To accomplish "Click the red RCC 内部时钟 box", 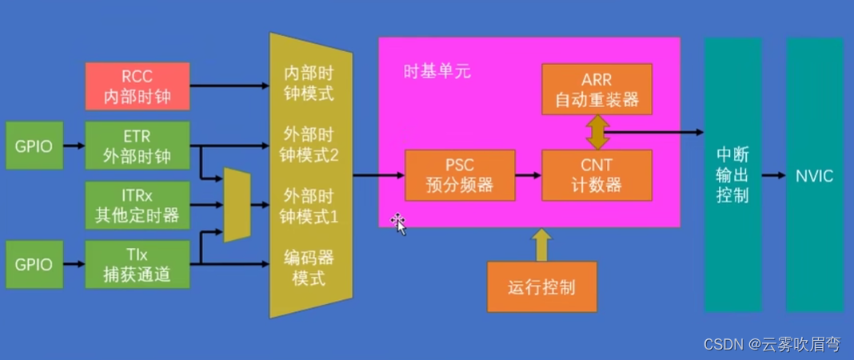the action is pos(138,86).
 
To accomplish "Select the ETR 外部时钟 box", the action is pos(138,146).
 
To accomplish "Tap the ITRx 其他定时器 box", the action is pos(138,205).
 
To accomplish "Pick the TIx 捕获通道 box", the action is pos(138,264).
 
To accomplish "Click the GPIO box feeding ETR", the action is pos(34,146).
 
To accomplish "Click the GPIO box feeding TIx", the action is pos(34,264).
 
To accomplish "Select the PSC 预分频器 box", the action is pos(461,175).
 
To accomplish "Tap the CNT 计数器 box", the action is pos(597,175).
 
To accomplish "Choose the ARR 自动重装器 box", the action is pos(597,89).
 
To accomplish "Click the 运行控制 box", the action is pos(542,287).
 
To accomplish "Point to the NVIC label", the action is pos(815,175).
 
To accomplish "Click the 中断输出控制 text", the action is pos(732,175).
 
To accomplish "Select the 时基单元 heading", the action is pos(437,72).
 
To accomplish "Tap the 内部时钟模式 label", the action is pos(309,83).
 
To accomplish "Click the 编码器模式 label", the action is pos(309,268).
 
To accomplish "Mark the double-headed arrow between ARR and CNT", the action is pos(597,132).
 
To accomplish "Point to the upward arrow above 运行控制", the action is pos(541,245).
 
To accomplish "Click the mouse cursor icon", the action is pos(399,223).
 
